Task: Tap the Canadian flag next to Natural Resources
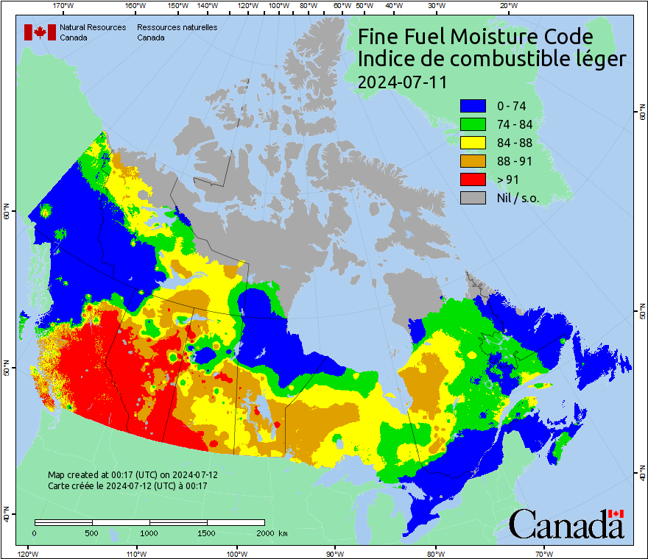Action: coord(40,32)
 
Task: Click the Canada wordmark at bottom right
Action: coord(566,524)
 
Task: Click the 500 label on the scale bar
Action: coord(91,533)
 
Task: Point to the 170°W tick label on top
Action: coord(64,6)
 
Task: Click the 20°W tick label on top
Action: coord(507,6)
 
